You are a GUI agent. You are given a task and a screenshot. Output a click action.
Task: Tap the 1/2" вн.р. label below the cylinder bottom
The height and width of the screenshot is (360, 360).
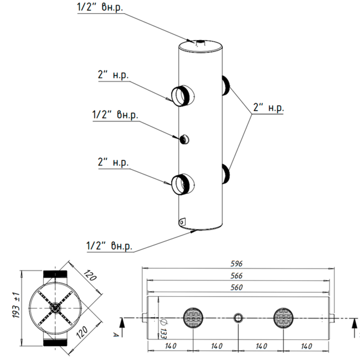[x=109, y=246]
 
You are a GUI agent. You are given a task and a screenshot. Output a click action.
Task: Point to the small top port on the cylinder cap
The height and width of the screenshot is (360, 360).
[x=199, y=42]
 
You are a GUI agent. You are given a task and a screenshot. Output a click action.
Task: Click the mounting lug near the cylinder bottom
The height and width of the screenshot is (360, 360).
[x=182, y=221]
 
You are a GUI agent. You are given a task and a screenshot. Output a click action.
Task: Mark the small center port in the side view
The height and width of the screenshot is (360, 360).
[x=238, y=318]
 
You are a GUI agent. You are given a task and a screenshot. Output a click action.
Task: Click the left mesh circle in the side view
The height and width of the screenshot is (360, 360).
[x=193, y=318]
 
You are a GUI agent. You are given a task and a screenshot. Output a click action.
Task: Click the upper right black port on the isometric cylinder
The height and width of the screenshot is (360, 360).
[x=225, y=85]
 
